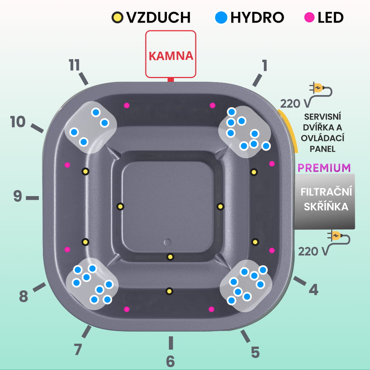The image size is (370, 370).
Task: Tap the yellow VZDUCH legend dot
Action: pyautogui.click(x=118, y=17)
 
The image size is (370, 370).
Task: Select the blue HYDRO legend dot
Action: pyautogui.click(x=221, y=17)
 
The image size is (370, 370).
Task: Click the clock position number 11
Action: pyautogui.click(x=74, y=65)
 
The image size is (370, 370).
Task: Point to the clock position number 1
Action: pyautogui.click(x=264, y=65)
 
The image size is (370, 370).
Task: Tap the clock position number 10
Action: pyautogui.click(x=18, y=122)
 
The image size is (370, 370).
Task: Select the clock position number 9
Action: pyautogui.click(x=18, y=196)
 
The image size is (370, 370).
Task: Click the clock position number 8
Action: pyautogui.click(x=24, y=296)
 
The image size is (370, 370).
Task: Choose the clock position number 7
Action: pyautogui.click(x=78, y=349)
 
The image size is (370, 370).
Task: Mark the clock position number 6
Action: pyautogui.click(x=170, y=361)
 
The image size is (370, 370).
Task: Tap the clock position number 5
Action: pyautogui.click(x=255, y=352)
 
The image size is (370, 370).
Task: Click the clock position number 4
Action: pyautogui.click(x=313, y=290)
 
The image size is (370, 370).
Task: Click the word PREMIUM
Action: pyautogui.click(x=324, y=168)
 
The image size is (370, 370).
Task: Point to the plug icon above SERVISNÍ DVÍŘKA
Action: pyautogui.click(x=320, y=88)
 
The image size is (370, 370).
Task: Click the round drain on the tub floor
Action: pyautogui.click(x=168, y=242)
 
